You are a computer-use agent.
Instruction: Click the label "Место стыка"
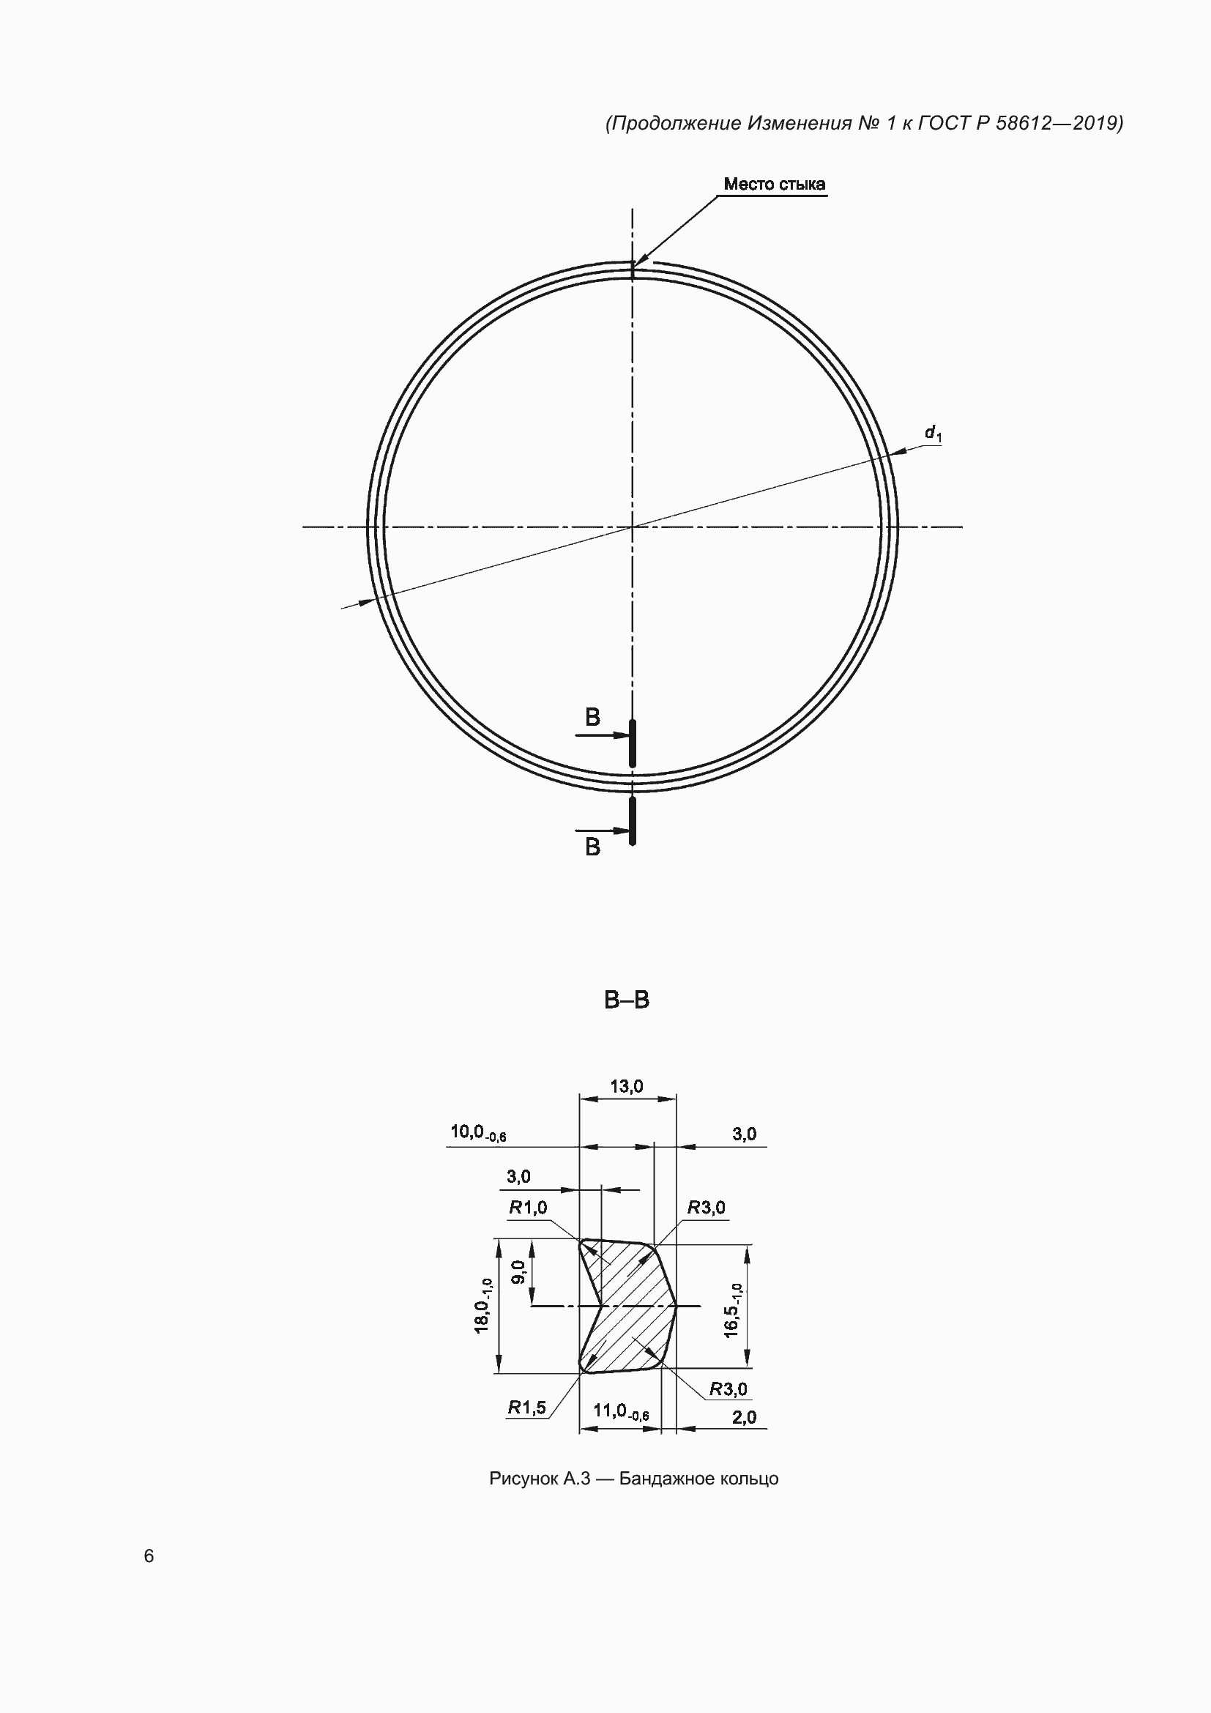(x=774, y=185)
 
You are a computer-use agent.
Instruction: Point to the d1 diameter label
(x=933, y=434)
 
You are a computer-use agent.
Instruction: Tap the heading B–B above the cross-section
(x=627, y=1000)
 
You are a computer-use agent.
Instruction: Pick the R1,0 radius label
(x=528, y=1207)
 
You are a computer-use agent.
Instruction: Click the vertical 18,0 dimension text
(x=483, y=1306)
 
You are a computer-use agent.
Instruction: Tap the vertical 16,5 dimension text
(x=733, y=1310)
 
